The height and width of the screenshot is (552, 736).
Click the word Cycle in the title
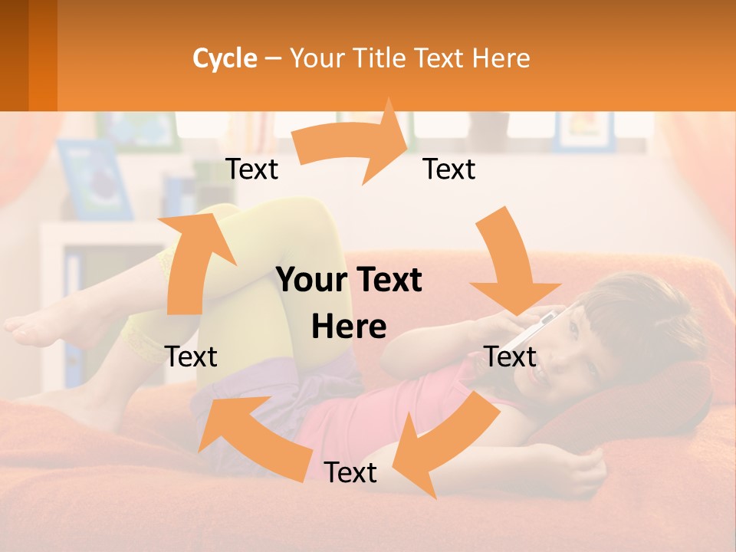click(225, 58)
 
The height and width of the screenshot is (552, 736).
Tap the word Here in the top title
click(501, 58)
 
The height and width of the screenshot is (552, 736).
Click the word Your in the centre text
click(304, 281)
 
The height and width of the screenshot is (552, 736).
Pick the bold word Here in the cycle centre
click(349, 327)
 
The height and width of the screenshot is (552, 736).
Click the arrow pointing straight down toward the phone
click(509, 261)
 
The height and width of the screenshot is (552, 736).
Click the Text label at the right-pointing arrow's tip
click(449, 169)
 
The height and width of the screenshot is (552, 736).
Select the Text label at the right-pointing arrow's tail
click(251, 169)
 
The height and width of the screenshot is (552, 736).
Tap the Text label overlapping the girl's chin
click(510, 356)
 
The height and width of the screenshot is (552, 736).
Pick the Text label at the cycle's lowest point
click(350, 472)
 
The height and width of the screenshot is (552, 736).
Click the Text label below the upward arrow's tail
click(191, 356)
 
